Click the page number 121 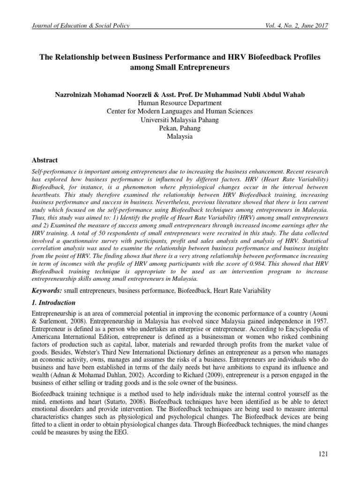323,453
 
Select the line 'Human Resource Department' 180,103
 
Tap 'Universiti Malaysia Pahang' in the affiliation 180,120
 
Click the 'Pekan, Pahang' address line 180,128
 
